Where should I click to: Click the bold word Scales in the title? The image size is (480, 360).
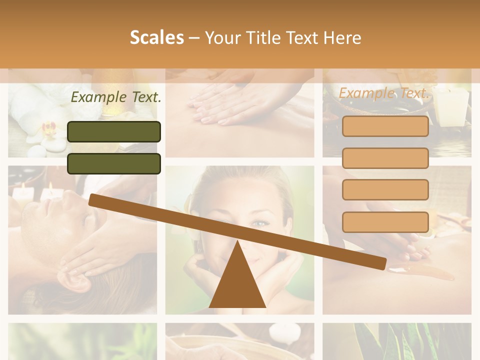pos(156,37)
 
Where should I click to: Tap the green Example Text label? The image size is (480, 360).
pos(116,97)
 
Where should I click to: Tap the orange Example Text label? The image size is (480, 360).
pos(383,93)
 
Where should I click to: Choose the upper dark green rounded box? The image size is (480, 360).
pos(114,131)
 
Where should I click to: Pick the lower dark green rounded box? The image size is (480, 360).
pos(114,163)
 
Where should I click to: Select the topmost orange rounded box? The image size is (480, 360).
pos(385,126)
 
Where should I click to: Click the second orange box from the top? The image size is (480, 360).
pos(385,158)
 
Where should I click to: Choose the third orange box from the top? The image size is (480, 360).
pos(385,189)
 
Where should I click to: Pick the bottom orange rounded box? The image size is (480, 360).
pos(385,222)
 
